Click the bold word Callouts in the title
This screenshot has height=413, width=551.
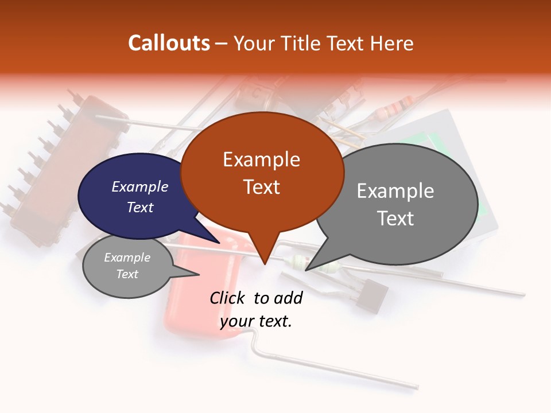click(169, 43)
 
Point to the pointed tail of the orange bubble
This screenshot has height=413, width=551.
click(263, 252)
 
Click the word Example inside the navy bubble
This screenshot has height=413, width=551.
click(139, 186)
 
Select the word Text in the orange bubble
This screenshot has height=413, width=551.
click(262, 187)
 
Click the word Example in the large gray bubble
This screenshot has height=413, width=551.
click(395, 191)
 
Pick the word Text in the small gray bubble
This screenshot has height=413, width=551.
click(127, 274)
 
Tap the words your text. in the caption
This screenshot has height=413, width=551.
click(256, 321)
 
